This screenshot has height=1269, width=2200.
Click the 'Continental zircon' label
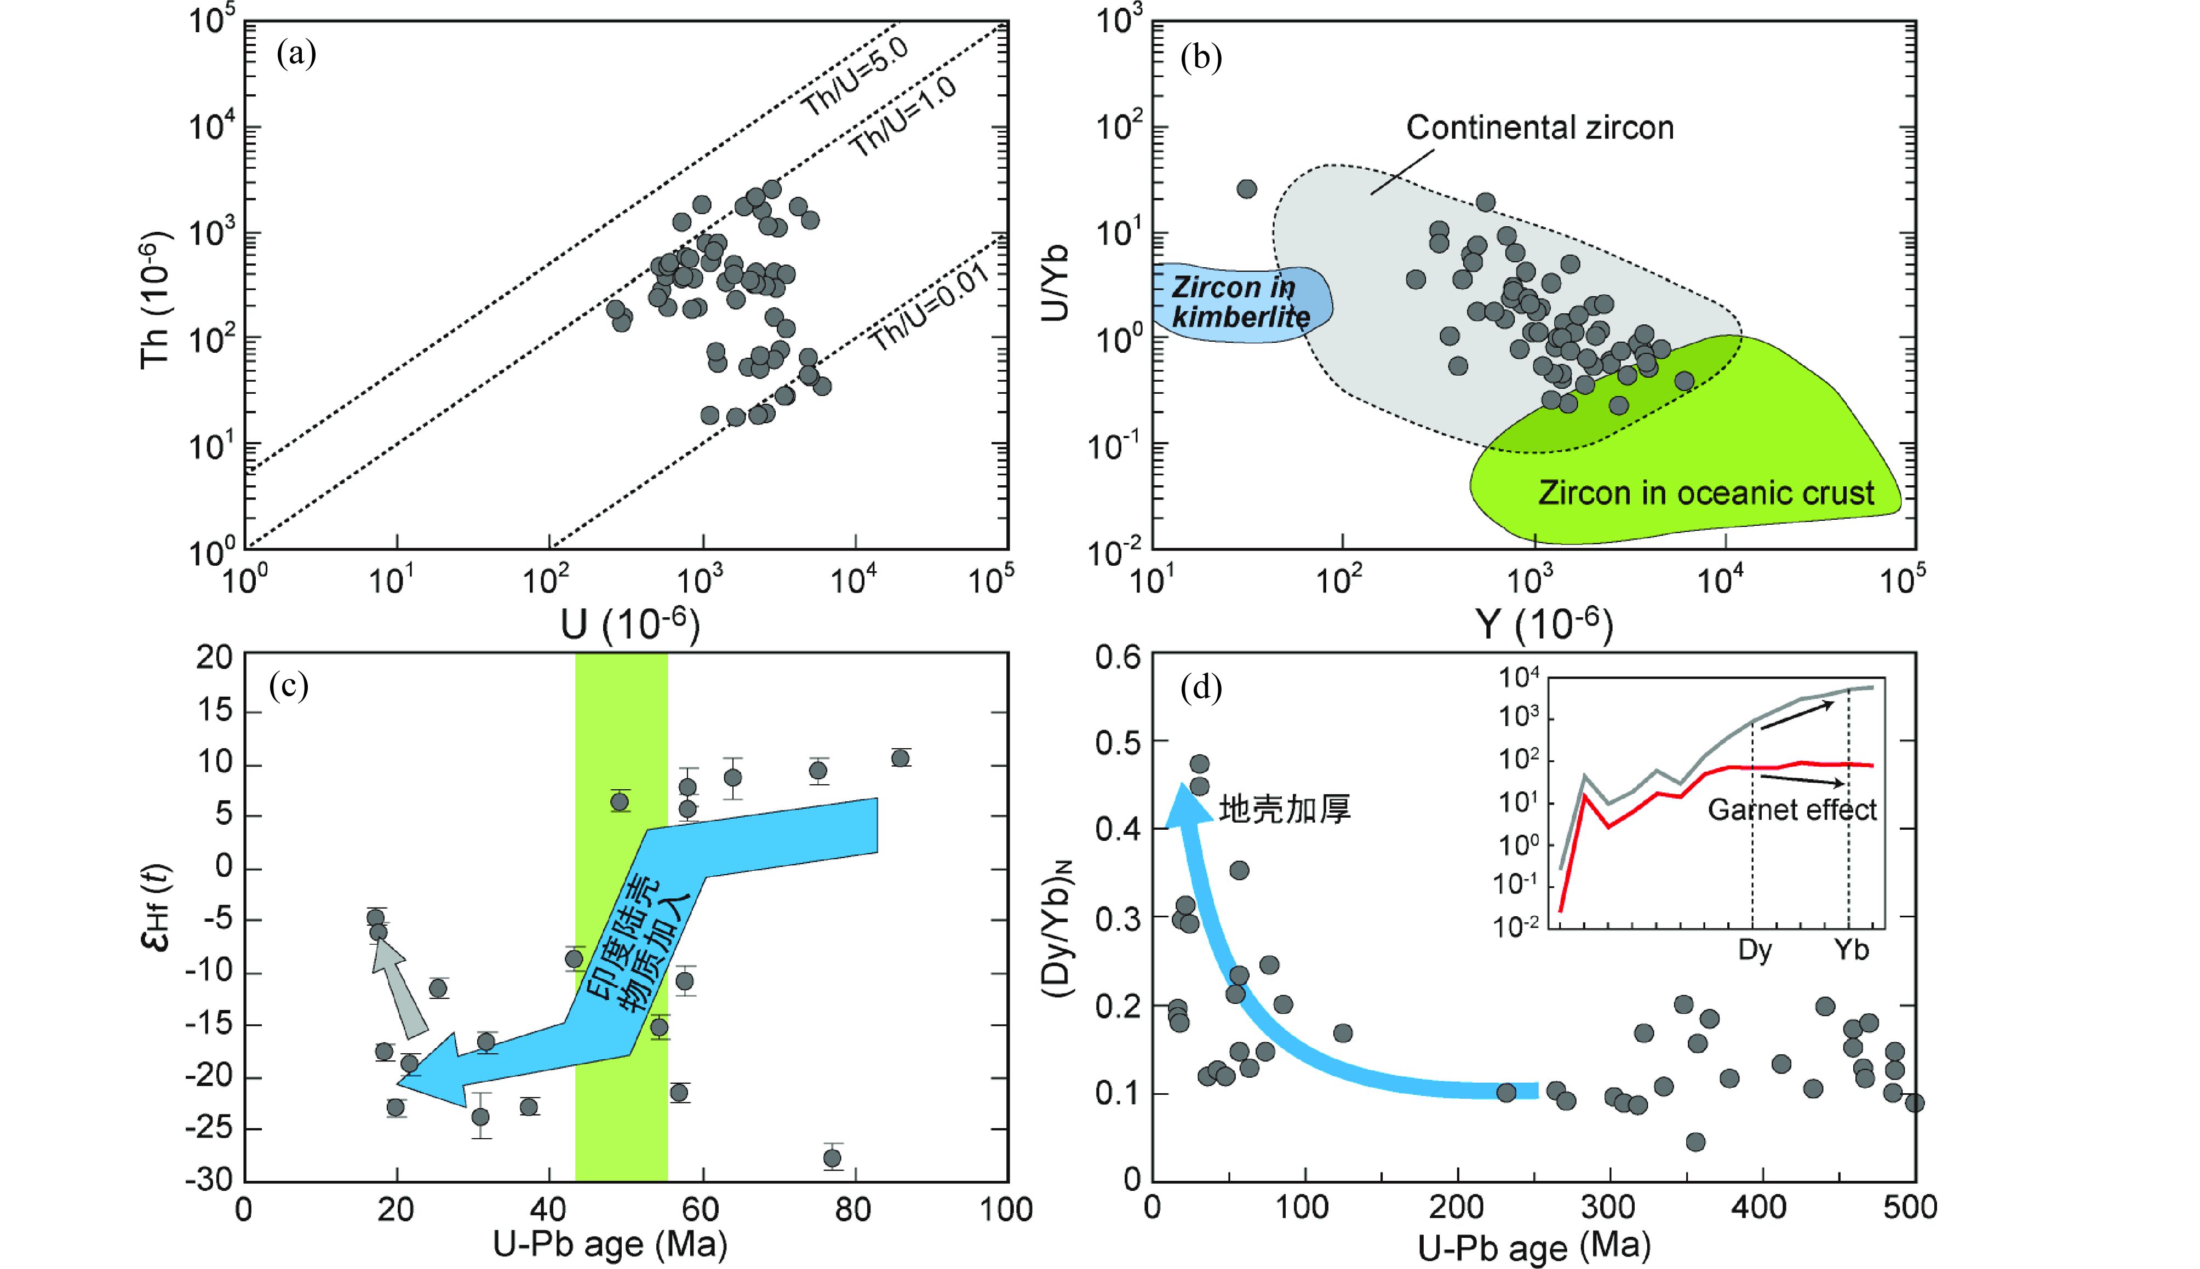tap(1539, 128)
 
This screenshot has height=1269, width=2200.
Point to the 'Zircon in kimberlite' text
tap(1240, 302)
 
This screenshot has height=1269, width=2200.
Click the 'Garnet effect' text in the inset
tap(1791, 809)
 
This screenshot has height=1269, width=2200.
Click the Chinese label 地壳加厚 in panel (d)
tap(1284, 809)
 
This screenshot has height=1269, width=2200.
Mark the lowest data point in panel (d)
tap(1695, 1142)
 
